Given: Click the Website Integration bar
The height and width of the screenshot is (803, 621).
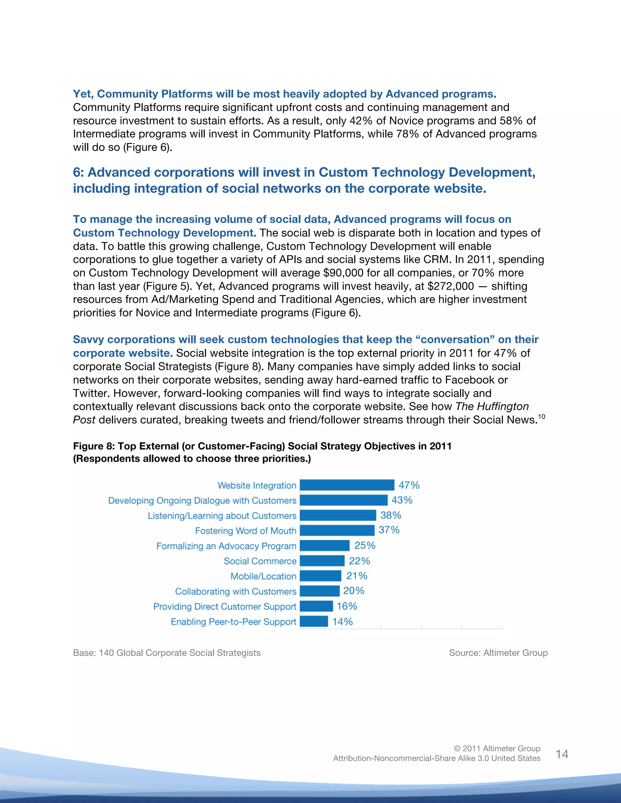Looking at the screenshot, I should pyautogui.click(x=347, y=485).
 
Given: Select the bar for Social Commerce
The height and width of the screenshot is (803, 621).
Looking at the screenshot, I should pyautogui.click(x=322, y=561).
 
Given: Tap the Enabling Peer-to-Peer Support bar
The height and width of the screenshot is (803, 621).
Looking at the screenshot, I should pyautogui.click(x=314, y=621).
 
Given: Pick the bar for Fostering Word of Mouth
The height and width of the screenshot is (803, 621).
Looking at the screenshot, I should pyautogui.click(x=337, y=530).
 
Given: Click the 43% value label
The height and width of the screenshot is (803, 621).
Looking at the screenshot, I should pyautogui.click(x=402, y=500).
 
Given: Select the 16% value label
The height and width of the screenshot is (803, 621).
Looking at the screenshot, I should pyautogui.click(x=347, y=606).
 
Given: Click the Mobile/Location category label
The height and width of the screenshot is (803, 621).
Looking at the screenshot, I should pyautogui.click(x=264, y=576).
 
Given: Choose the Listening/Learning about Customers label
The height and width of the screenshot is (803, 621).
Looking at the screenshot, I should pyautogui.click(x=222, y=515).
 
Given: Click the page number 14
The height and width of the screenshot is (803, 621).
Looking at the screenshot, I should pyautogui.click(x=562, y=754).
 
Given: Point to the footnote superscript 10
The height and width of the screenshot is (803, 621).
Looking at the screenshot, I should pyautogui.click(x=541, y=417).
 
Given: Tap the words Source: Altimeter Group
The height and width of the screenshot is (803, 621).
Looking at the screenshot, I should pyautogui.click(x=498, y=653).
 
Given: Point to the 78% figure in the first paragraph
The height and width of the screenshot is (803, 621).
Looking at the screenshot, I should pyautogui.click(x=407, y=134).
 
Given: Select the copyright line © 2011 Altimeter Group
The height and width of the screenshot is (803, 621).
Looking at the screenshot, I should pyautogui.click(x=497, y=748).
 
